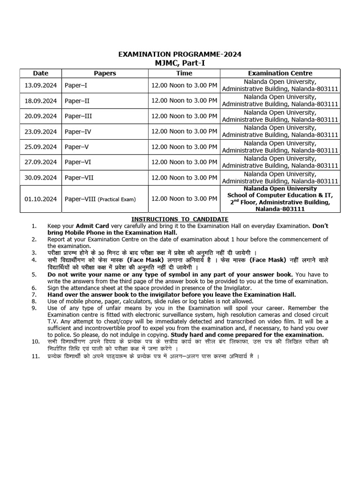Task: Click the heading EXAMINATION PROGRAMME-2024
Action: coord(180,54)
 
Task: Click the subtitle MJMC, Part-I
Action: coord(180,63)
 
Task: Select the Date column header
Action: coord(40,73)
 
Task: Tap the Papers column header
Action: coord(105,73)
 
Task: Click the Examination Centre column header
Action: coord(280,73)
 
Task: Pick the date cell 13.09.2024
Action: coord(40,86)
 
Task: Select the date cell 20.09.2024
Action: coord(40,116)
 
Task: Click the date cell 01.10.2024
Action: coord(40,199)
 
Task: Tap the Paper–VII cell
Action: coord(79,178)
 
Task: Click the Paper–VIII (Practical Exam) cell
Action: coord(100,199)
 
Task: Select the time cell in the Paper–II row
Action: coord(184,101)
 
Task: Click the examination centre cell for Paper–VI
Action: coord(280,162)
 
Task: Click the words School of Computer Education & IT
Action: coord(280,195)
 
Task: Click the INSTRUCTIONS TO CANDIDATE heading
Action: coord(180,219)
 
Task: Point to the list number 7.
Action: coord(34,294)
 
